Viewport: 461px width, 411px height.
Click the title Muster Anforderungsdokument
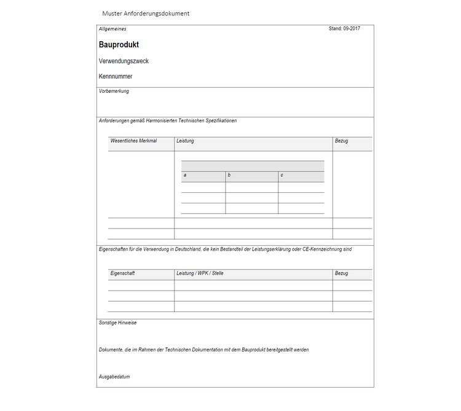146,14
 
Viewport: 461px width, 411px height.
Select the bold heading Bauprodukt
119,45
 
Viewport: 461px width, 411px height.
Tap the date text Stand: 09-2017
344,29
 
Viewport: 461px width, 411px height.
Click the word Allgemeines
112,29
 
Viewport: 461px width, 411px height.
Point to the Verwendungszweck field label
124,61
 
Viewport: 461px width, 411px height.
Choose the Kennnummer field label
116,77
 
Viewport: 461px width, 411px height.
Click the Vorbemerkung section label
114,92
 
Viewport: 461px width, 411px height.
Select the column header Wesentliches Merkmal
133,141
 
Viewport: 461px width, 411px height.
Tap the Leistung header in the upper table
185,141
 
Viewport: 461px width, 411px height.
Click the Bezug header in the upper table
341,141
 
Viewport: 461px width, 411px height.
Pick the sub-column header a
185,176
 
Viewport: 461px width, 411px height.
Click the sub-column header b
229,176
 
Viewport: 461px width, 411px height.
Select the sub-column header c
282,176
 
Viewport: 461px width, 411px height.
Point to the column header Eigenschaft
122,273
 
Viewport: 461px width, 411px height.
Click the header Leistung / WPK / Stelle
200,273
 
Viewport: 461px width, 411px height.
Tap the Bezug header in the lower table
341,273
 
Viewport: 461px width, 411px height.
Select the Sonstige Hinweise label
117,323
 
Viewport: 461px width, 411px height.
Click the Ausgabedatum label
114,377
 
